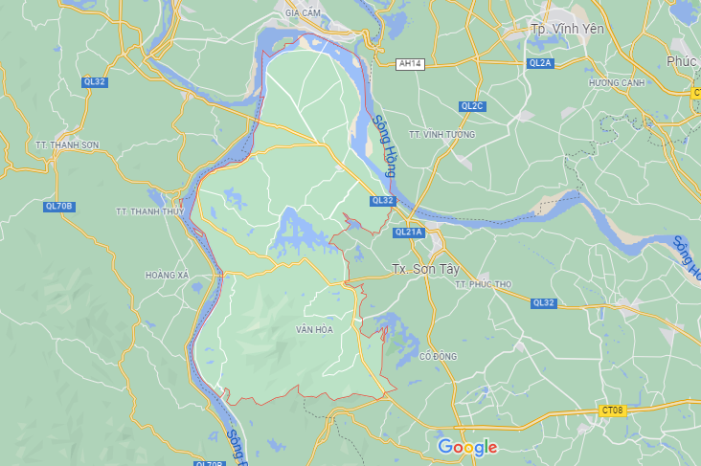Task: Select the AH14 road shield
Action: pos(410,63)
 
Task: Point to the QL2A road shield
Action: pos(540,63)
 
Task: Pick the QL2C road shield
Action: pos(472,106)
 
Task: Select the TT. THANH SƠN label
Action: pos(67,144)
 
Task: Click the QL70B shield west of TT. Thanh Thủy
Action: pos(59,207)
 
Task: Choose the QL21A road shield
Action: pos(408,233)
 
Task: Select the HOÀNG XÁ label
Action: pos(168,276)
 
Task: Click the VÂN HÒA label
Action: pos(314,330)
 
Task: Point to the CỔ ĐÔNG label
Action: pos(439,356)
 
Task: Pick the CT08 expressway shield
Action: pos(612,411)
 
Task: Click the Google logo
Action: pos(467,447)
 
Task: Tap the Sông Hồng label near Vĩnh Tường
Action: pos(385,145)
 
